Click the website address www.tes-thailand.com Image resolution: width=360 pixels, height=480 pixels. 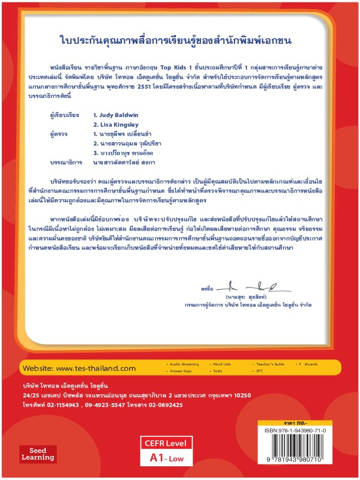99,368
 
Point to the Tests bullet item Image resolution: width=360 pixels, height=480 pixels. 218,371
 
